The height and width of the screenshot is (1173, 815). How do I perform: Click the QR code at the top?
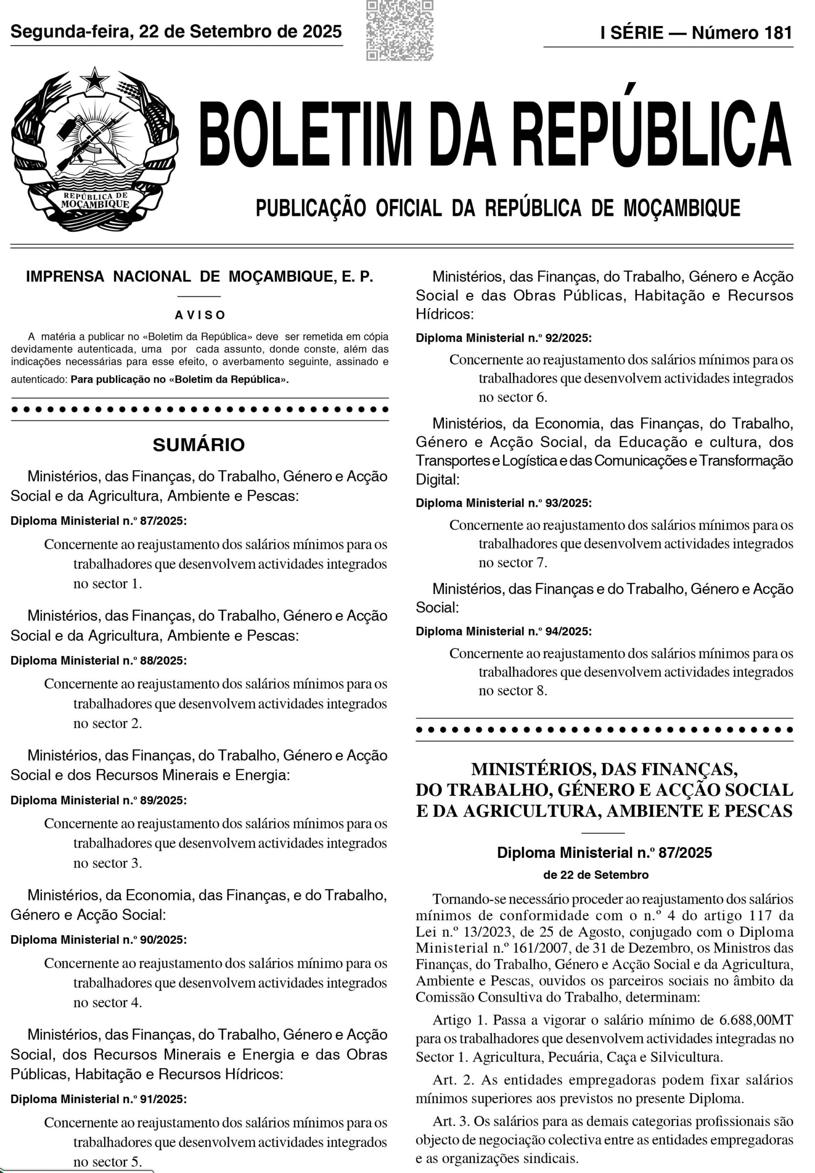(x=399, y=30)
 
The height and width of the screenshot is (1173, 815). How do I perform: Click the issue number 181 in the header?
(x=778, y=33)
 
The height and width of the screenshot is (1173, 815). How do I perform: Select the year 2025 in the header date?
(x=322, y=32)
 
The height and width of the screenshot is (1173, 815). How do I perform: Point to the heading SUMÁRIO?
(x=199, y=445)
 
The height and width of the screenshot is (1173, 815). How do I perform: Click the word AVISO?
(x=200, y=315)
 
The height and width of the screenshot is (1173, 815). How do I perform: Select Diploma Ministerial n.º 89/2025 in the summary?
(x=98, y=800)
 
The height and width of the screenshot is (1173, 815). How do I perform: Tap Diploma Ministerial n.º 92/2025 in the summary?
(x=503, y=338)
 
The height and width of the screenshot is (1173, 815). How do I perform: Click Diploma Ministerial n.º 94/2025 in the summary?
(x=503, y=631)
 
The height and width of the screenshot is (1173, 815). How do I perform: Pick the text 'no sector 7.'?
(x=513, y=563)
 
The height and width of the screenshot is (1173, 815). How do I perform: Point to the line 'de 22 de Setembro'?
(x=596, y=875)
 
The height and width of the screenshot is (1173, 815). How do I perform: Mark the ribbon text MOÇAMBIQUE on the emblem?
(x=95, y=204)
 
